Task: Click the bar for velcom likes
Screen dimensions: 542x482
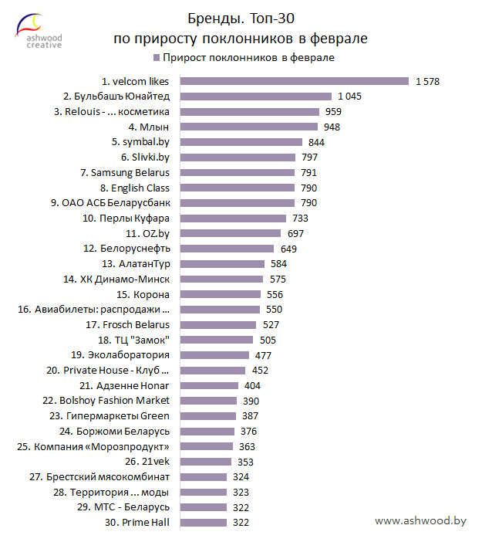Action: pyautogui.click(x=294, y=81)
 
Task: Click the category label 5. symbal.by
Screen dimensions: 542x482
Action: pyautogui.click(x=140, y=142)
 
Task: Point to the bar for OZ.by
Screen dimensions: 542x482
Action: pyautogui.click(x=231, y=233)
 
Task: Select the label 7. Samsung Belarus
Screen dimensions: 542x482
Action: pyautogui.click(x=125, y=172)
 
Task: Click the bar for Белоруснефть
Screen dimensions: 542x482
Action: pyautogui.click(x=227, y=249)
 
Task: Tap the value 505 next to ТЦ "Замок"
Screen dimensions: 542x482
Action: pyautogui.click(x=266, y=340)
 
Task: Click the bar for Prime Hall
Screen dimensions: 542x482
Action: pyautogui.click(x=204, y=523)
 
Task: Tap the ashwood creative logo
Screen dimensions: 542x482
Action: pyautogui.click(x=39, y=31)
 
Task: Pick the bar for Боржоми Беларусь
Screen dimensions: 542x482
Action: pyautogui.click(x=208, y=431)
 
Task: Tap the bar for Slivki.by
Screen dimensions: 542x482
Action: pyautogui.click(x=238, y=158)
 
